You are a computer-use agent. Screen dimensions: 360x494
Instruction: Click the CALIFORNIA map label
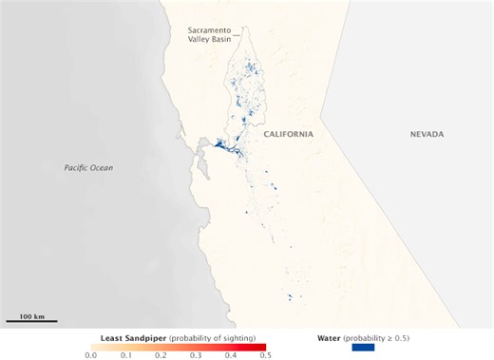(x=288, y=135)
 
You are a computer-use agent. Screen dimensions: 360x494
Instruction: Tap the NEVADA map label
(x=427, y=135)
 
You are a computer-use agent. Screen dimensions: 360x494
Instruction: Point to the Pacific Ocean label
(x=88, y=168)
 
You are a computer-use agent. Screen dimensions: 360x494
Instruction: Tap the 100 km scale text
(x=32, y=314)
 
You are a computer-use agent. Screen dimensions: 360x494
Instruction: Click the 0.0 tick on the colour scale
(x=90, y=355)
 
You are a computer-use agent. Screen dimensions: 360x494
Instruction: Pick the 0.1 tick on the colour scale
(x=125, y=355)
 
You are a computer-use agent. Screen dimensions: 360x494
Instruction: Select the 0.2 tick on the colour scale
(x=161, y=355)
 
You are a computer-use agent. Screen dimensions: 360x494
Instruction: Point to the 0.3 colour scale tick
(x=196, y=355)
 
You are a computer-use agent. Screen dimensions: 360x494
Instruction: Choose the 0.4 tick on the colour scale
(x=231, y=355)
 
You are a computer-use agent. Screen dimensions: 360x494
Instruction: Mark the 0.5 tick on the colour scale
(x=266, y=355)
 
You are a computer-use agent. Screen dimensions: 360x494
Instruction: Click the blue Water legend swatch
(x=351, y=347)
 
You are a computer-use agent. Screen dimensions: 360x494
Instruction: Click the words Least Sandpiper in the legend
(x=133, y=336)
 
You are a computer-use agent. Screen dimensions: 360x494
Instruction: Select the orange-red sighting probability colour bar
(x=178, y=346)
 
